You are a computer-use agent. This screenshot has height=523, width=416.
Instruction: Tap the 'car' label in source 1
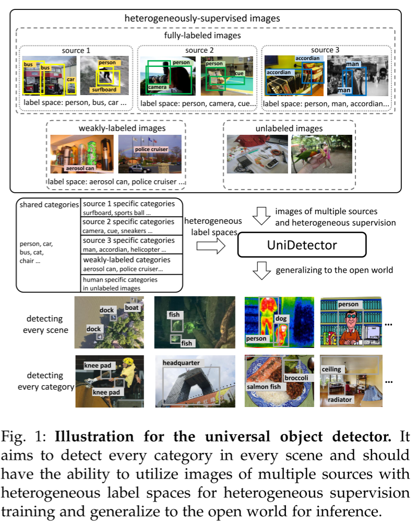(71, 80)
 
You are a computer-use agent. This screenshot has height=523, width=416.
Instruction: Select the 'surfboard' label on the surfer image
(101, 89)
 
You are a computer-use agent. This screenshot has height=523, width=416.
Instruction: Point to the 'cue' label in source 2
(240, 74)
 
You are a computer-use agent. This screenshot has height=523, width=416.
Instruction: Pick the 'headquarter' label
(181, 363)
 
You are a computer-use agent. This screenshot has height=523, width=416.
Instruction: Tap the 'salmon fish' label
(265, 387)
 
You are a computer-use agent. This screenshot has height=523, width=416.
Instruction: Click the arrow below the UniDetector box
(260, 270)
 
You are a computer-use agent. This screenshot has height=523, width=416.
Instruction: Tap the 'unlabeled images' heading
(289, 129)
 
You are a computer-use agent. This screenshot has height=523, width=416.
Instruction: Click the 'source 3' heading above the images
(326, 50)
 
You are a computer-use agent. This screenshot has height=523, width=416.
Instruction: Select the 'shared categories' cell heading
(49, 205)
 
